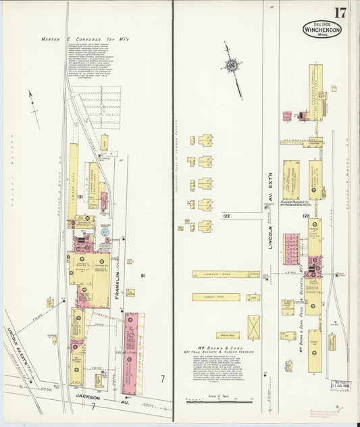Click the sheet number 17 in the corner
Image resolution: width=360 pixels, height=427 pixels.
[340, 12]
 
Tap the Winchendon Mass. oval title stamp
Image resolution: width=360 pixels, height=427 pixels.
[322, 29]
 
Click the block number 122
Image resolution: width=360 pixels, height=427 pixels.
[226, 216]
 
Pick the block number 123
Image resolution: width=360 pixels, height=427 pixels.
[306, 216]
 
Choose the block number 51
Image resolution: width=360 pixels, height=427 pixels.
[143, 275]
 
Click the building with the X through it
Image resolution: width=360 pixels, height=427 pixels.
[253, 326]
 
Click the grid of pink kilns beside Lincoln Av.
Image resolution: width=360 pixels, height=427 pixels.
[290, 249]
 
